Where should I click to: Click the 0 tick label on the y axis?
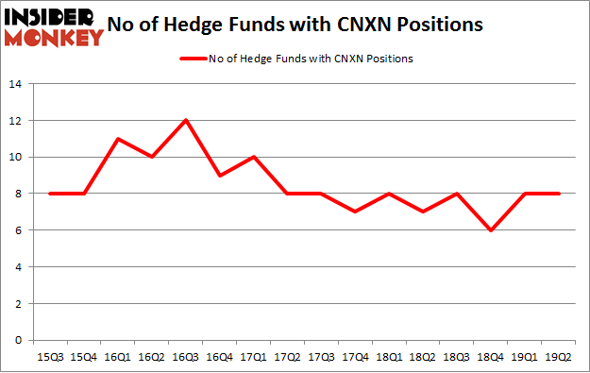19,341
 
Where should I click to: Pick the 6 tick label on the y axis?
19,230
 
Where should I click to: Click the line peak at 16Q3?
186,120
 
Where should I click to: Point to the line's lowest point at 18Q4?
490,230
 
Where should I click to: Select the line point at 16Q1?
118,139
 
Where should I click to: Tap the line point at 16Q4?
220,176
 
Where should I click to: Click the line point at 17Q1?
254,157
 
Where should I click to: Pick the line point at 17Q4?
355,212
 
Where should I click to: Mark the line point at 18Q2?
423,212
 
